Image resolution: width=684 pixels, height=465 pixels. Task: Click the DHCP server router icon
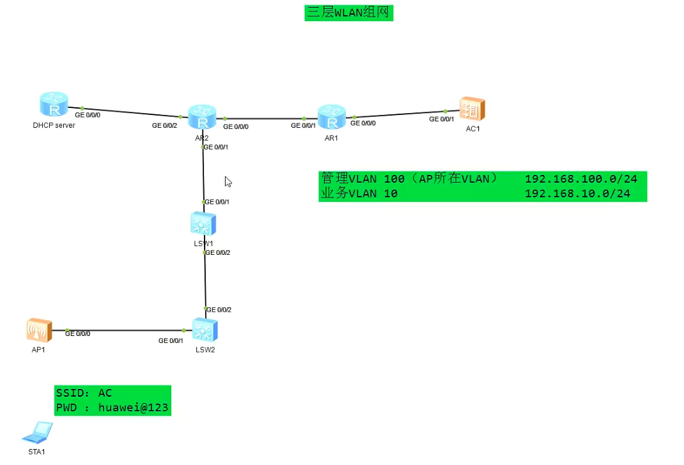[53, 105]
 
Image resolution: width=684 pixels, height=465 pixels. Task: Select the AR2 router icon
[203, 118]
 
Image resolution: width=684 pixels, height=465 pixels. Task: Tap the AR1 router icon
[331, 118]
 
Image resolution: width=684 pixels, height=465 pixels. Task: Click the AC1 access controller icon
[472, 110]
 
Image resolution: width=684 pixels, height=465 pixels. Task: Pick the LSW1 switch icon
[203, 224]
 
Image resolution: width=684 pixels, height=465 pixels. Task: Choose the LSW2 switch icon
[205, 330]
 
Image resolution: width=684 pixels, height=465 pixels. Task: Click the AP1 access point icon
[39, 330]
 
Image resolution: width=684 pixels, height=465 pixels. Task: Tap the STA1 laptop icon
[37, 434]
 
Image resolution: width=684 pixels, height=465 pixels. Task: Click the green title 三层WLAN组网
[348, 12]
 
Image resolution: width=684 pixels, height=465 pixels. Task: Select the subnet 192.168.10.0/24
[577, 194]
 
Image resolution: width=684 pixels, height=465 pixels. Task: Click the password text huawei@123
[134, 408]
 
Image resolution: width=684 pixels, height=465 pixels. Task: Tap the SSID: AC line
[84, 393]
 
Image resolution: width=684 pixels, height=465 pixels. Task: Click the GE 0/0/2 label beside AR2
[164, 126]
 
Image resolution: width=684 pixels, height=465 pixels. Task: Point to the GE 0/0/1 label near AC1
[441, 119]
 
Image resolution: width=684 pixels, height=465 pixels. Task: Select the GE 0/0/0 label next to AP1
[77, 333]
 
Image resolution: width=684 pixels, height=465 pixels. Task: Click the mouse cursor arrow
[228, 181]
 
